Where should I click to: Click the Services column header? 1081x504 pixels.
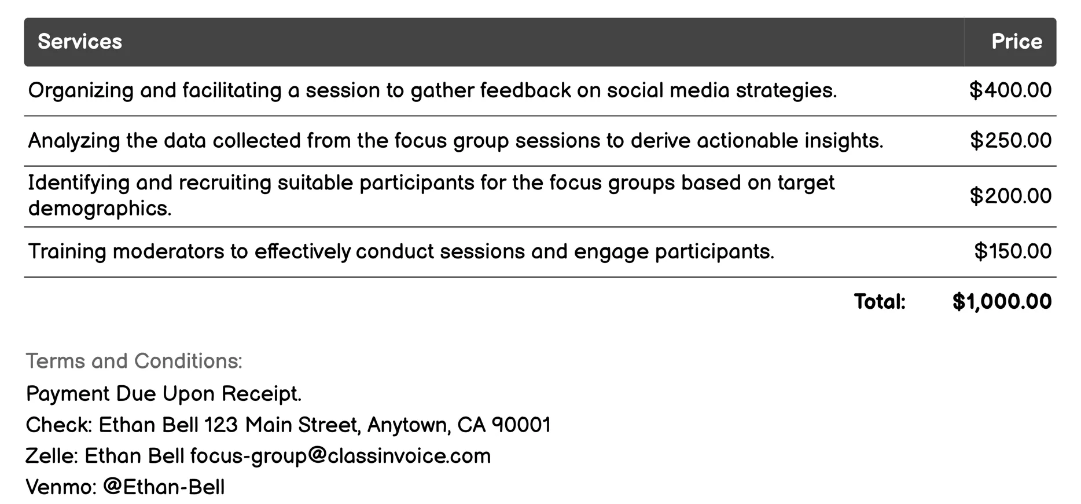[80, 42]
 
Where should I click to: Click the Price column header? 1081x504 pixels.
[1016, 42]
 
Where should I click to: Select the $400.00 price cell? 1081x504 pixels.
[1010, 90]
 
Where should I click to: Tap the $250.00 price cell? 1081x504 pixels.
[1010, 141]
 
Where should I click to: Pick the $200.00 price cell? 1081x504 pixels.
[1010, 196]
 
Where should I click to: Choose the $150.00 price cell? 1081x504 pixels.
[1013, 251]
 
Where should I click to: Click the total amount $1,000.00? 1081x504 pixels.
[1002, 302]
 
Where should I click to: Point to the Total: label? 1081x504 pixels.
[880, 302]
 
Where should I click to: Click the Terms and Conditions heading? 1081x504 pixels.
[134, 361]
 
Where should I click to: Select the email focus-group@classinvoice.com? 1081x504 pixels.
[340, 456]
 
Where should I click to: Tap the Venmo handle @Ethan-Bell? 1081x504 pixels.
[164, 487]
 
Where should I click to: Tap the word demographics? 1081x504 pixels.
[100, 209]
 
